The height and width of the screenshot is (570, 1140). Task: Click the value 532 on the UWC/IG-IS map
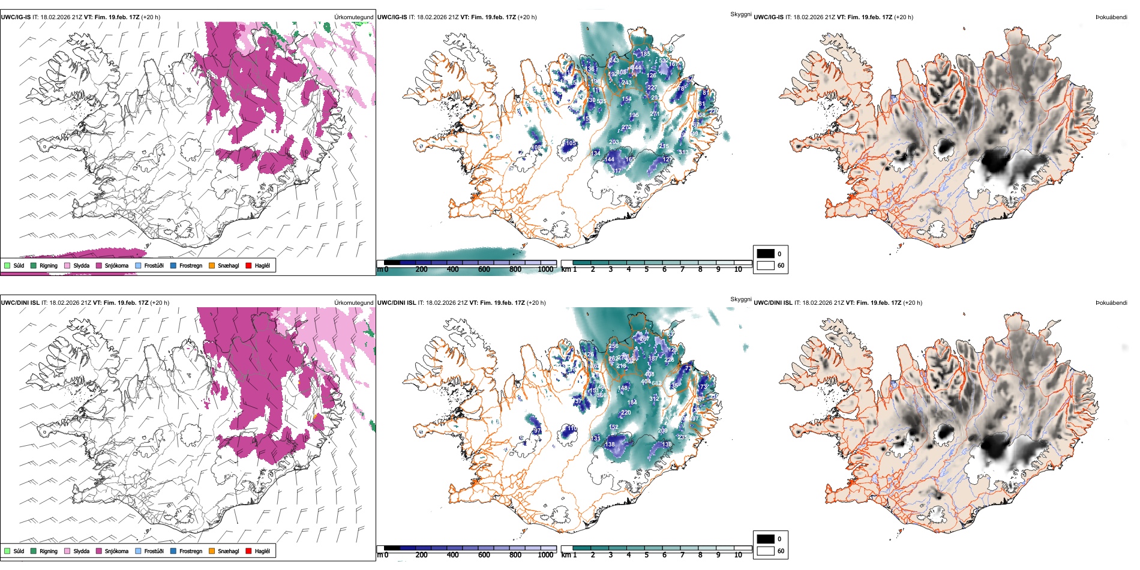click(663, 61)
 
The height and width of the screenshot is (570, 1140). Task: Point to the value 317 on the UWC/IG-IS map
click(616, 171)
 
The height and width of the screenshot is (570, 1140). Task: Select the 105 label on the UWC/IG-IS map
click(571, 143)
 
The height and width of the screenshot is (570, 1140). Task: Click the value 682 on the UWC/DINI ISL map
click(656, 383)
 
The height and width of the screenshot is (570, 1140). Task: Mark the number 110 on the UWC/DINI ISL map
click(571, 428)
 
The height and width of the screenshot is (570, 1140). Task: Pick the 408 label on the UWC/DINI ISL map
click(649, 374)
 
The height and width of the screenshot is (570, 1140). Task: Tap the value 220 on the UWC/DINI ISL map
click(626, 413)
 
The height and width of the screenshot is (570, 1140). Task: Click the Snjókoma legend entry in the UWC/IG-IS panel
click(116, 265)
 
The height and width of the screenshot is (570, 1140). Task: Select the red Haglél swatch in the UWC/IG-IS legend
click(248, 265)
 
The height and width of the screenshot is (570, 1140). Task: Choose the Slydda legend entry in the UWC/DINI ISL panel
click(81, 551)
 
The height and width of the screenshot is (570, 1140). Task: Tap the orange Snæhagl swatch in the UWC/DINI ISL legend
click(212, 551)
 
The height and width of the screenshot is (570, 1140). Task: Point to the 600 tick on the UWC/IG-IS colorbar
click(484, 269)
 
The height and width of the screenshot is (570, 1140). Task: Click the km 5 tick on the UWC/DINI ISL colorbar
click(646, 555)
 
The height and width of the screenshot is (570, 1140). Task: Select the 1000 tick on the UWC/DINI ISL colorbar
click(545, 555)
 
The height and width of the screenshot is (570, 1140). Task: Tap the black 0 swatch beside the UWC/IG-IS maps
click(766, 253)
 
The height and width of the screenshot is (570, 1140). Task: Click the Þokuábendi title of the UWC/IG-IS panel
click(1111, 17)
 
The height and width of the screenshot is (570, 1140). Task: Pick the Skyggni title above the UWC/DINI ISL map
click(741, 299)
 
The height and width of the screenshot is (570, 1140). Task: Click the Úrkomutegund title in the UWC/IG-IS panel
click(353, 17)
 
